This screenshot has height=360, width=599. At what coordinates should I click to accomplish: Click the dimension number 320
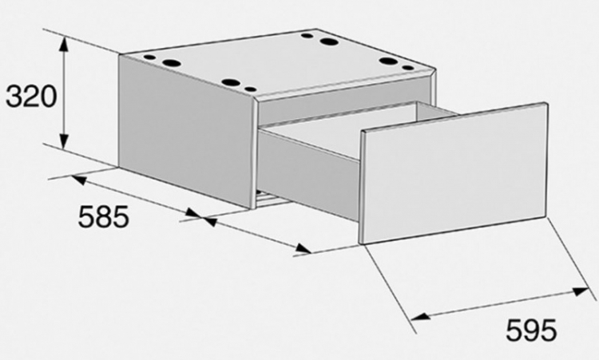pos(31,97)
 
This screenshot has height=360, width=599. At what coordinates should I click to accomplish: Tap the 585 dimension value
pos(104,216)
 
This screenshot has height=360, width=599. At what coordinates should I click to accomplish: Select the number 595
pos(531,330)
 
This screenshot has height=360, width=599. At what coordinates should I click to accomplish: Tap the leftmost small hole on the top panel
pos(150,57)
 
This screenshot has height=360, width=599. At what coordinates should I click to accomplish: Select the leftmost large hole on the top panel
pos(171,62)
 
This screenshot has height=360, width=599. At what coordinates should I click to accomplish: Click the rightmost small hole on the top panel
pos(408,68)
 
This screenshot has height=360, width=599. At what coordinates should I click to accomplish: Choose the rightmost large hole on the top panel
pos(388,61)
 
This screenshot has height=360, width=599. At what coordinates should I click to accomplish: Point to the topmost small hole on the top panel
pos(307,36)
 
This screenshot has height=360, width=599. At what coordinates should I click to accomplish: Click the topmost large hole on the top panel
pos(329,42)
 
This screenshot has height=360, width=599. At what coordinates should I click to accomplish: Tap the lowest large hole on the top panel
pos(230,82)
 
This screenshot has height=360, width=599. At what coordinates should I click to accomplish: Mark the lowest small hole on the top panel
pos(251,89)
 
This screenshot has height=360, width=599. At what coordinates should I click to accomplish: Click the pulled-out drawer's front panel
pos(454,173)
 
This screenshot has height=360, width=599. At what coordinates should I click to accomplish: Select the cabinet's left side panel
pos(186,132)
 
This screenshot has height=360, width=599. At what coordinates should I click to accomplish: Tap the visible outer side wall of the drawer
pos(309,175)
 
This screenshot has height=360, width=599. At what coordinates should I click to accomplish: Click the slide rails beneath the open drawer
pos(272,199)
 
